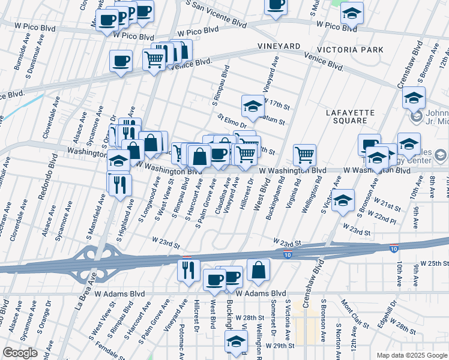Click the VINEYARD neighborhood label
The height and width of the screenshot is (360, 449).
pos(279,46)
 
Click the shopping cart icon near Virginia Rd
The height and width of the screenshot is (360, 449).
pos(305,155)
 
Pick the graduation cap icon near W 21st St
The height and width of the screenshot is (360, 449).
pos(343,200)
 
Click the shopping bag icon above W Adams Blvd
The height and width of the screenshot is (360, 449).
pos(258,270)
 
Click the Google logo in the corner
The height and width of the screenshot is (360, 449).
pos(20,353)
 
